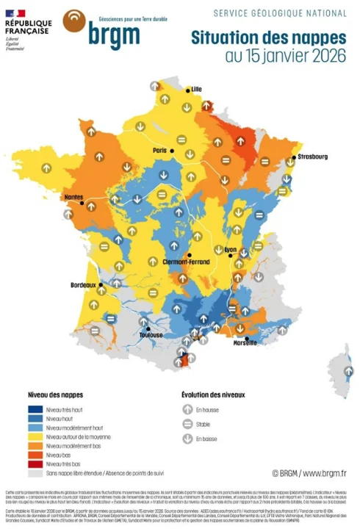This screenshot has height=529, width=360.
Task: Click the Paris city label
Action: coord(160,150)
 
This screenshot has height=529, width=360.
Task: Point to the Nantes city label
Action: coord(74,197)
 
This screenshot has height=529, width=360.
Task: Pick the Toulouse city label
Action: coord(151,335)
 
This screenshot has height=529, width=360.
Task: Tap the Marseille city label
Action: coord(245,342)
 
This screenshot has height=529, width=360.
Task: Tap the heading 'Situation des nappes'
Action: coord(268,37)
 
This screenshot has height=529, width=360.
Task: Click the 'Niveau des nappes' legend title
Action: coord(52,394)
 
